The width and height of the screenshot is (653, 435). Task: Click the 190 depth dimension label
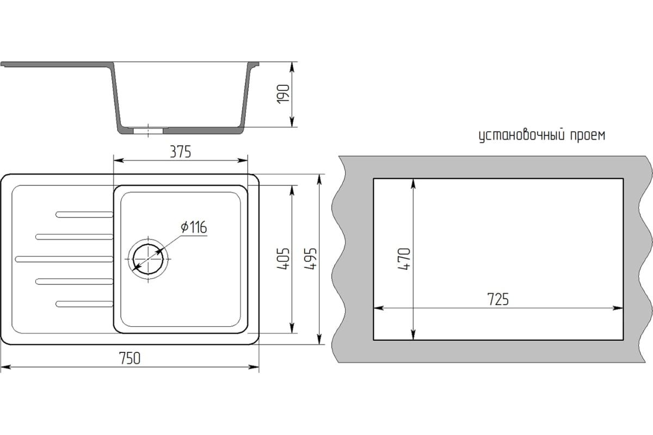click(x=283, y=94)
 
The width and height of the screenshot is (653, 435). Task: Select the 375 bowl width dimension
click(x=181, y=152)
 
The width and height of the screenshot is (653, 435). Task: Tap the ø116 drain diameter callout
click(x=194, y=227)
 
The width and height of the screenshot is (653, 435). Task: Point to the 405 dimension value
click(x=283, y=259)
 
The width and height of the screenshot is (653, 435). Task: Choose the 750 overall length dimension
click(x=130, y=358)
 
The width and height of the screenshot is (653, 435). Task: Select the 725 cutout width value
click(x=498, y=299)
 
